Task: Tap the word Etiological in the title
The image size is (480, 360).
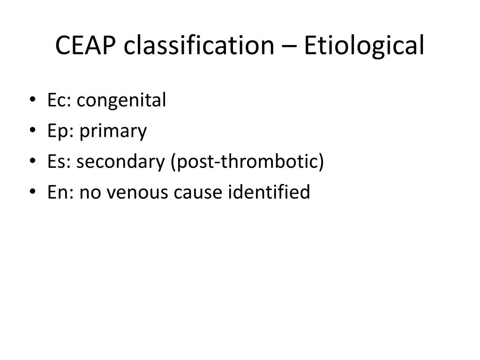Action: point(364,46)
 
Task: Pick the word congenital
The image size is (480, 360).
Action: point(121,101)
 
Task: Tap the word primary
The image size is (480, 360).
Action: point(113,132)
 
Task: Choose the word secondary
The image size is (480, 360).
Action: point(122,162)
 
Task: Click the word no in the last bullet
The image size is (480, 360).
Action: point(88,193)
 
